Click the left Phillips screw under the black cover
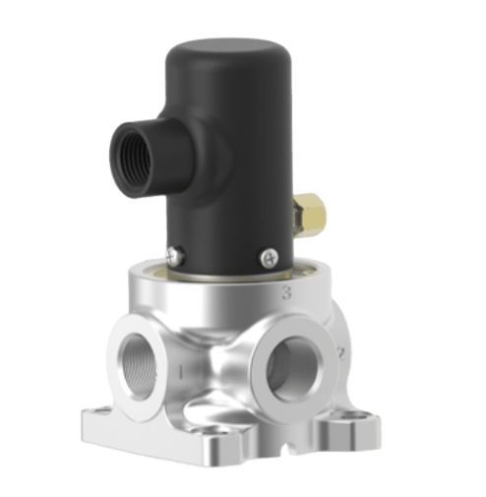(x=174, y=254)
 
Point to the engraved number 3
(x=285, y=291)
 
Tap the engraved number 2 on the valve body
(x=340, y=350)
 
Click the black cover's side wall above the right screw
(x=271, y=197)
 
